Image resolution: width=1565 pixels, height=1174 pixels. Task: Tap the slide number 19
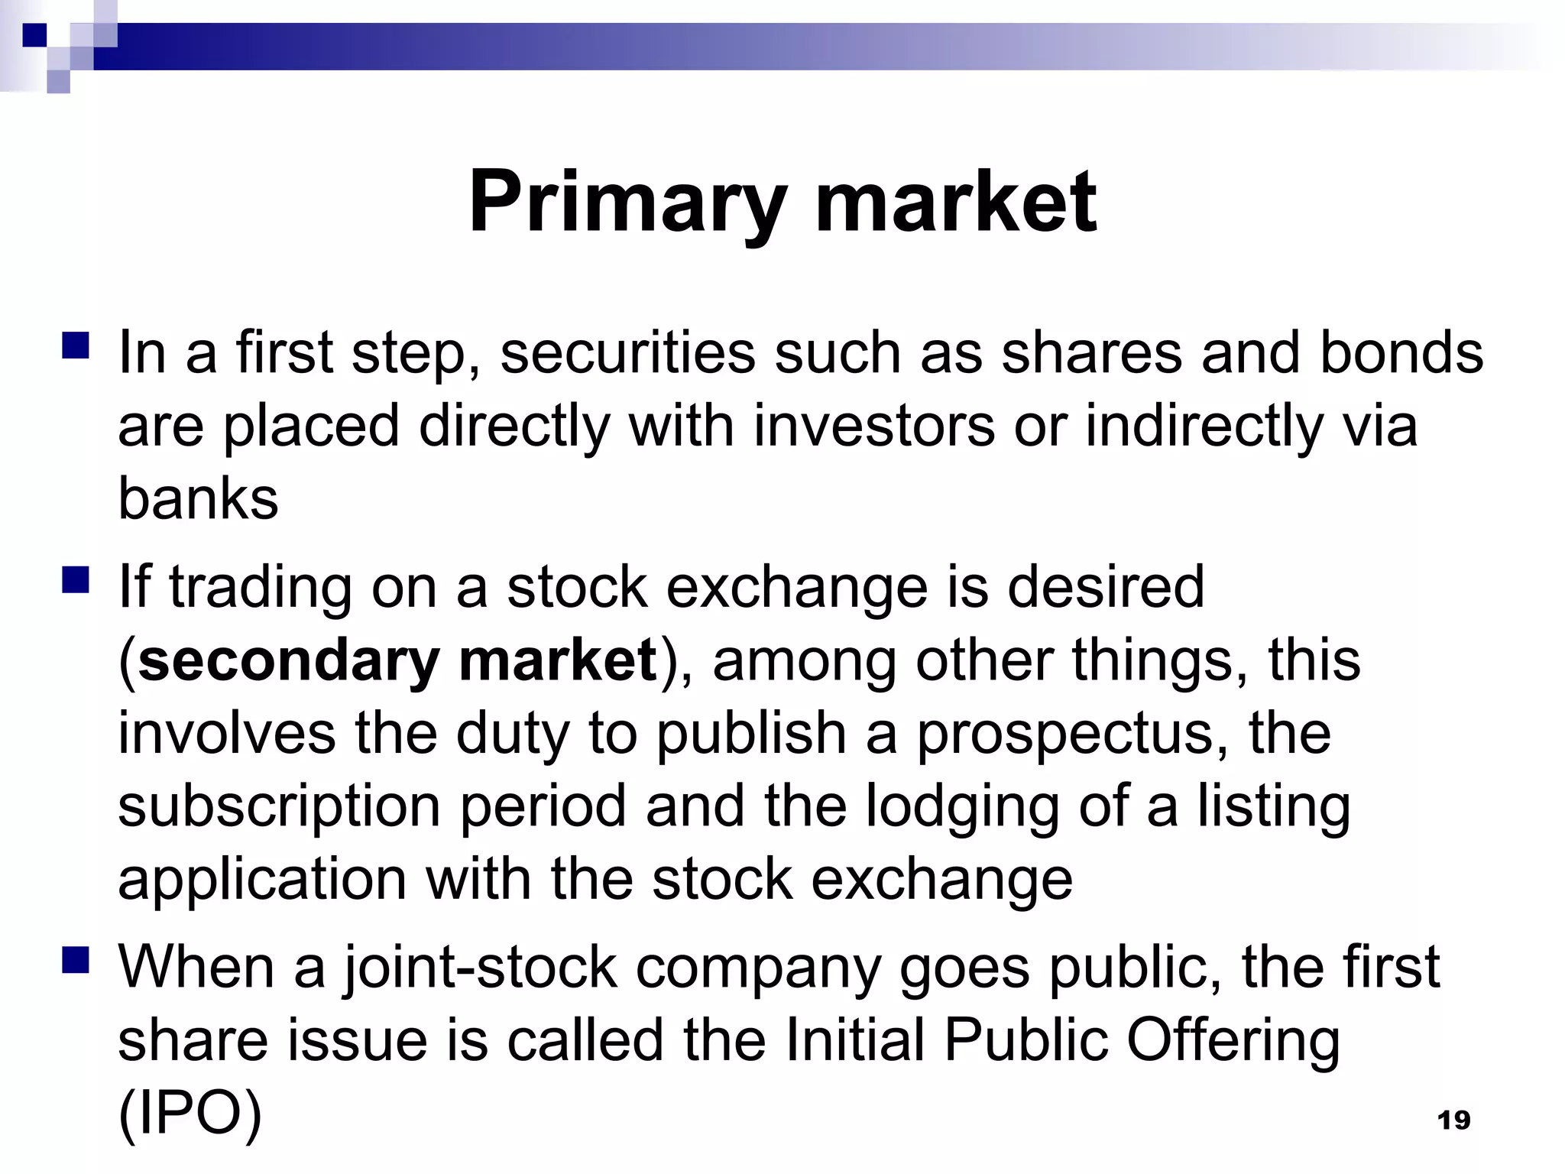[1453, 1120]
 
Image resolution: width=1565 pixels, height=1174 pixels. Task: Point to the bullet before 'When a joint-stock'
[77, 959]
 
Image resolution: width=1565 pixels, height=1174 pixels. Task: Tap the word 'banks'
[198, 498]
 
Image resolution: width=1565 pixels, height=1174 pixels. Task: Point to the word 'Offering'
[1233, 1040]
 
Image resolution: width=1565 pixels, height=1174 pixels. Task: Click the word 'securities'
[627, 352]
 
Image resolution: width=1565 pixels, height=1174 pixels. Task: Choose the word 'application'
[262, 879]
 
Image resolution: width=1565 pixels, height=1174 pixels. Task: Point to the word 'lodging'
[962, 806]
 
